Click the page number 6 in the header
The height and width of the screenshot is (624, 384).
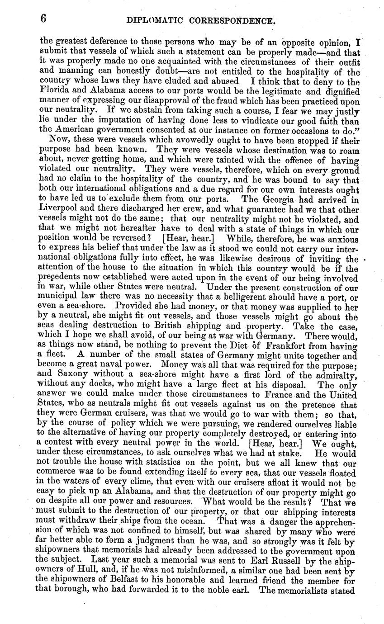point(44,19)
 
